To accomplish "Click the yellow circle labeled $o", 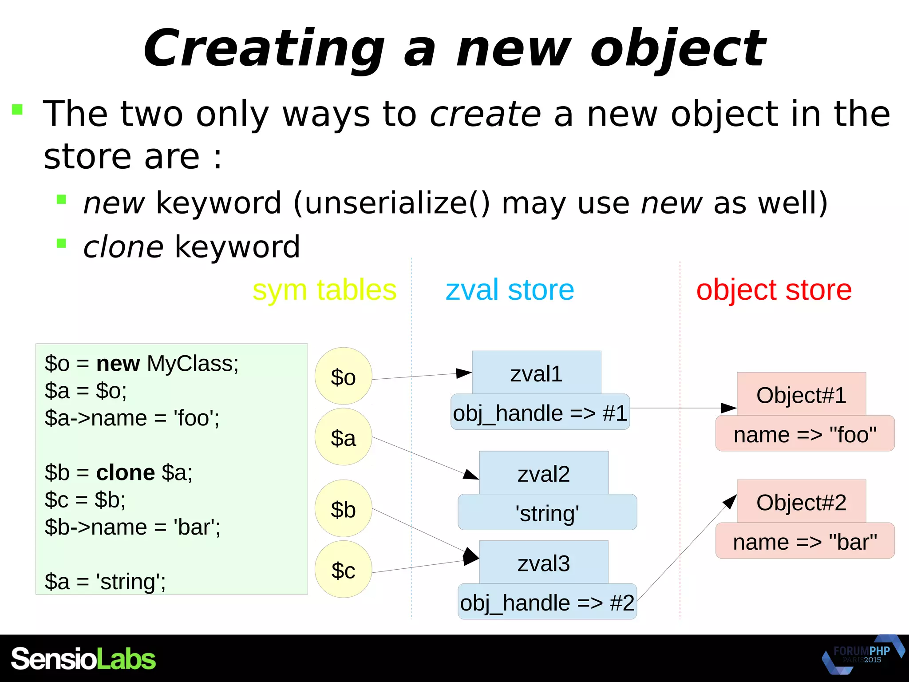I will point(343,376).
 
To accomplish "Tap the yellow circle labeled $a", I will point(343,437).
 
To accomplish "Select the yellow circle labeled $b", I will point(343,508).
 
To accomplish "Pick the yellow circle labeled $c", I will point(343,569).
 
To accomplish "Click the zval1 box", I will point(536,373).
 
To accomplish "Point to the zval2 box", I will point(543,473).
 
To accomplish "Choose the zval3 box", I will point(543,563).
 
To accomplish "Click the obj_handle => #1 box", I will point(540,412).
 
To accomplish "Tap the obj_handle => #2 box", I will point(547,602).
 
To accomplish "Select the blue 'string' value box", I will point(547,512).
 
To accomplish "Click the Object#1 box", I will point(801,394).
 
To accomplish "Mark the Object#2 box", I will point(801,502).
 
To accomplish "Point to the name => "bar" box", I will point(805,541).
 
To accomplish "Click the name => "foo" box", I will point(805,434).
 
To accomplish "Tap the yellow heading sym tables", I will point(324,290).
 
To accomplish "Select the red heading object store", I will point(774,290).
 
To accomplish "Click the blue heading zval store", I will point(510,290).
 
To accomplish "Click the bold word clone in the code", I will point(126,472).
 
